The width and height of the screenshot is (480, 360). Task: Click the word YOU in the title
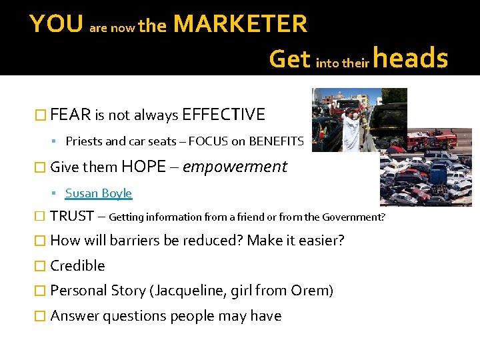(x=56, y=25)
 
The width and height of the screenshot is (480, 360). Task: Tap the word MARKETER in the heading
(x=240, y=25)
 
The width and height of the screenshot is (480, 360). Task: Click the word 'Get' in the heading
(x=289, y=59)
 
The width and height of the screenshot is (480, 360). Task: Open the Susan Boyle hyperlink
(x=99, y=193)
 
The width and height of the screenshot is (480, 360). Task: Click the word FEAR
(x=71, y=115)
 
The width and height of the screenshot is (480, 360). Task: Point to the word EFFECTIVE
(x=223, y=115)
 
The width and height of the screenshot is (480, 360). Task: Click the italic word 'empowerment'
(x=235, y=167)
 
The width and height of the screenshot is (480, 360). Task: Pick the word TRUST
(x=72, y=216)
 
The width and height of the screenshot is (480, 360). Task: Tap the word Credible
(x=77, y=265)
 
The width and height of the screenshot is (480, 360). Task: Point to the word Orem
(x=310, y=291)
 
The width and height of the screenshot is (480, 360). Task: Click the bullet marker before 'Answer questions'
(x=41, y=316)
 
